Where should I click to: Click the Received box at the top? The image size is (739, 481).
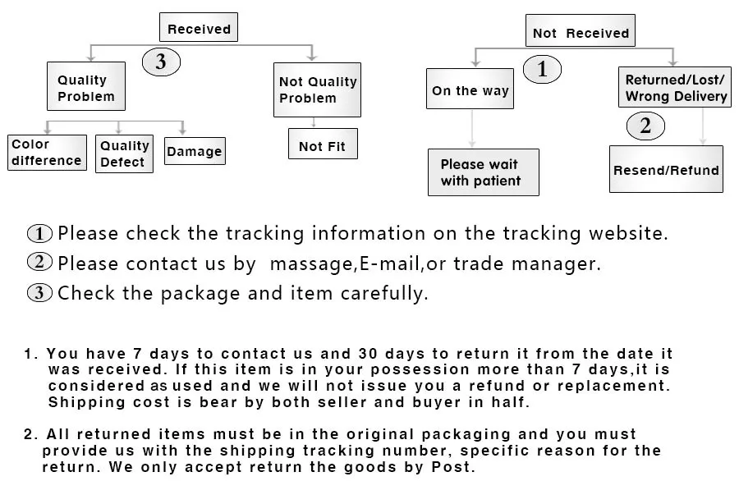199,28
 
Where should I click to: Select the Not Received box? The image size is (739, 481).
581,33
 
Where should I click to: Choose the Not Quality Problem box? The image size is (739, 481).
318,89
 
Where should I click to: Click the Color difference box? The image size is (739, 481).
46,153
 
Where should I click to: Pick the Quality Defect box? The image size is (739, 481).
124,153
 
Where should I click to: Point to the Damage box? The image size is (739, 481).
194,152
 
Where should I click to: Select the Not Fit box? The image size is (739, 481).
322,146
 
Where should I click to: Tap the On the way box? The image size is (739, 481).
470,90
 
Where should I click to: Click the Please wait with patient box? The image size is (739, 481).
482,172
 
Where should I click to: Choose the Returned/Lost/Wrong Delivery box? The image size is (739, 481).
675,88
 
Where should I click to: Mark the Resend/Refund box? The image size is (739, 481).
665,170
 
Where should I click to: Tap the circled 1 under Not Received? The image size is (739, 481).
542,70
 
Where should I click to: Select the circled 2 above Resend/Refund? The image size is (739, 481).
645,126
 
